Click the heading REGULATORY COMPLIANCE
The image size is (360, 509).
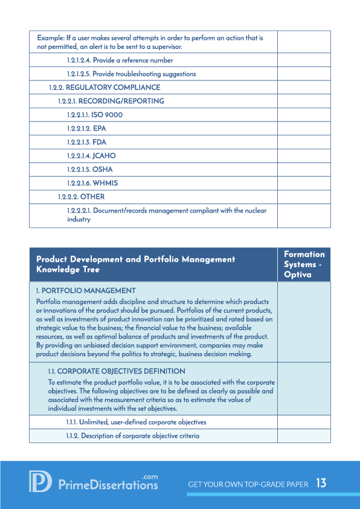104,88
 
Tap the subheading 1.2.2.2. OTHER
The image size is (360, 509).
81,196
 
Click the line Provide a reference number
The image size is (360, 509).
120,60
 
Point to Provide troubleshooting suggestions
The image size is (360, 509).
131,74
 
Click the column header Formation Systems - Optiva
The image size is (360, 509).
304,264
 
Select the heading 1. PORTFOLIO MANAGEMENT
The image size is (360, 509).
86,291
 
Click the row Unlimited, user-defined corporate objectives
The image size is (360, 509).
136,422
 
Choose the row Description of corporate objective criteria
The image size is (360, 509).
132,436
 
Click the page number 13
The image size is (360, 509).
321,484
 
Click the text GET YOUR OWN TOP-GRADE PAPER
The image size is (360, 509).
248,484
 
